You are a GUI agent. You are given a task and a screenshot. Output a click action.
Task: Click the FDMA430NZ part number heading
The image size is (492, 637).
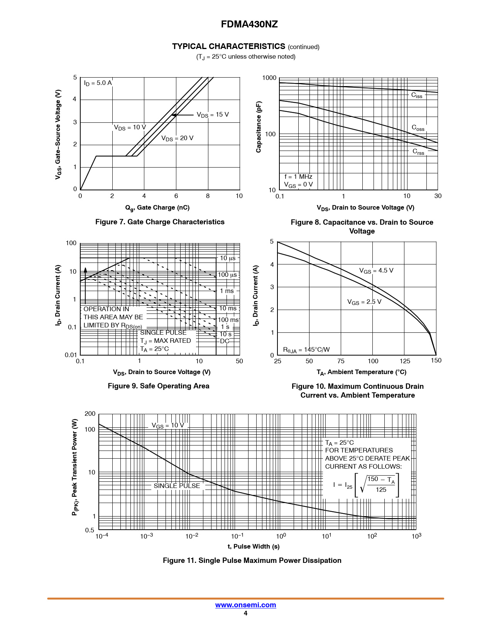click(249, 24)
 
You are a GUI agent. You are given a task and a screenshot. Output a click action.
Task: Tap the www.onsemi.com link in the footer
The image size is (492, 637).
click(245, 605)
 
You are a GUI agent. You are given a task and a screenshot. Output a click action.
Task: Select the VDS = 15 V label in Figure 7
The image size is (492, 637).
click(213, 115)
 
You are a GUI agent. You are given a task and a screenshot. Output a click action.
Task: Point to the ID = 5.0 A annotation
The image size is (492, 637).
click(98, 83)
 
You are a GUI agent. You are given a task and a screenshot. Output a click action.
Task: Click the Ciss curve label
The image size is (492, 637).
click(417, 95)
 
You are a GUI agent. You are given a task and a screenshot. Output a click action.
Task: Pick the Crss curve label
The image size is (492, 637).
click(418, 152)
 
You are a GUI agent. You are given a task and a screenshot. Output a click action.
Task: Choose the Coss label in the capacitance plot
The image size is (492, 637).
click(418, 128)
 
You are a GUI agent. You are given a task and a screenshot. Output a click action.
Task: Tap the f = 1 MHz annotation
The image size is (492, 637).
click(298, 177)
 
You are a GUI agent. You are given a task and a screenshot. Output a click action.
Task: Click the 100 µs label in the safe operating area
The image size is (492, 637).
click(227, 275)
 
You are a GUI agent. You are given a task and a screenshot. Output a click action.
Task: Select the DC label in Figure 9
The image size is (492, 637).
click(225, 341)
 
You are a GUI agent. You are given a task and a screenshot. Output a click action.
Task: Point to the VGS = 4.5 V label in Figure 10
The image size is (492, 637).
click(376, 271)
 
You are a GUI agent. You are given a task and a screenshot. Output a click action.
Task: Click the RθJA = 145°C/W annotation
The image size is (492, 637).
click(306, 350)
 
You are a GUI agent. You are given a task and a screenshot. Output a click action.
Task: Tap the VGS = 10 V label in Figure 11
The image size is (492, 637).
click(168, 425)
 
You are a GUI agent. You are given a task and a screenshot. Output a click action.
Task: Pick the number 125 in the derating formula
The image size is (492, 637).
click(381, 490)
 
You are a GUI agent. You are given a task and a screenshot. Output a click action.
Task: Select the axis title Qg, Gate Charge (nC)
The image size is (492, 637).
click(157, 208)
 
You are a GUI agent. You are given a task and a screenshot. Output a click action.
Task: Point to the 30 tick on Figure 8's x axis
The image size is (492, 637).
click(438, 196)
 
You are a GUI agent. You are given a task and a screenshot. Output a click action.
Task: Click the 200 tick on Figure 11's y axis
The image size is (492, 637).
click(90, 414)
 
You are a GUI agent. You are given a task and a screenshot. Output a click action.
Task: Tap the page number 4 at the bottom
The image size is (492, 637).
click(245, 613)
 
